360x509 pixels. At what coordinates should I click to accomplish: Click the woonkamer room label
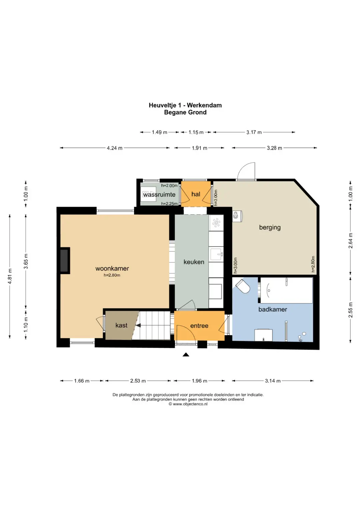(x=112, y=268)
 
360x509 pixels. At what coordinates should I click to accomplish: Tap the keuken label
(x=194, y=262)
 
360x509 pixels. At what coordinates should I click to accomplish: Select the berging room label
(x=270, y=227)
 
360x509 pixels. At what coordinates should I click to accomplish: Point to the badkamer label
(x=273, y=309)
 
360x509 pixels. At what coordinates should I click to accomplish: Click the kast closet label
(x=121, y=325)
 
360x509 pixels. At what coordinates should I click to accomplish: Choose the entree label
(x=199, y=326)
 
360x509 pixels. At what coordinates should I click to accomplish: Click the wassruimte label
(x=159, y=195)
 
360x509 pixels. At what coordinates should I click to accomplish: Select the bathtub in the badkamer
(x=286, y=290)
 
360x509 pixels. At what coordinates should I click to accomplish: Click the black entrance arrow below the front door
(x=186, y=354)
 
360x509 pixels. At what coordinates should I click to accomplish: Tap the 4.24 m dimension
(x=115, y=148)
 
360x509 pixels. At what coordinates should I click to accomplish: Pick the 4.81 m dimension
(x=10, y=276)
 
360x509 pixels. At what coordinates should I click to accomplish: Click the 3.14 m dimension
(x=273, y=381)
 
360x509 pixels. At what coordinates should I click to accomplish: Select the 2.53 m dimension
(x=138, y=381)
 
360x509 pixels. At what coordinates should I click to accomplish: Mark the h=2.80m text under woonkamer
(x=112, y=275)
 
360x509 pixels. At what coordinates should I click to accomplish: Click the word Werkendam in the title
(x=204, y=105)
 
